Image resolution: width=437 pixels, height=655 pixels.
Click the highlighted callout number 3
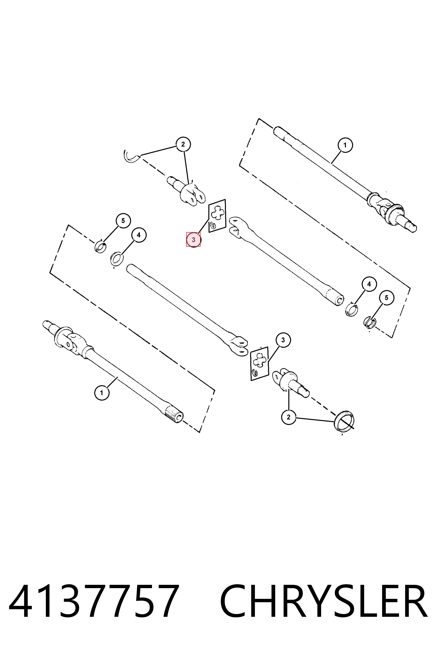(x=193, y=240)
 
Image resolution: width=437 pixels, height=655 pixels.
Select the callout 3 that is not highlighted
(x=283, y=340)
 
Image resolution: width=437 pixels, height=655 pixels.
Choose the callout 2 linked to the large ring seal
(x=289, y=417)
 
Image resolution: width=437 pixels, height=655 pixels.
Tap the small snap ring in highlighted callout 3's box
(x=213, y=224)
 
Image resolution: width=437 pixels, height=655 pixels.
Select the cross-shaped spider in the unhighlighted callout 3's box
(x=260, y=361)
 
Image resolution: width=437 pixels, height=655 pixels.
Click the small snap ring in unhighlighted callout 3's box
(x=254, y=372)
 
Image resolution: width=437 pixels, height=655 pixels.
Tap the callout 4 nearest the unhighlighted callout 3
(x=369, y=284)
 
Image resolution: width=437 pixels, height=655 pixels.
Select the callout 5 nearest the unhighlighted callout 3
(x=386, y=298)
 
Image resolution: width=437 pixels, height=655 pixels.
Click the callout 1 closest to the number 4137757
(x=101, y=393)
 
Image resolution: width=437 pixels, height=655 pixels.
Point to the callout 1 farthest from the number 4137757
(x=345, y=145)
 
